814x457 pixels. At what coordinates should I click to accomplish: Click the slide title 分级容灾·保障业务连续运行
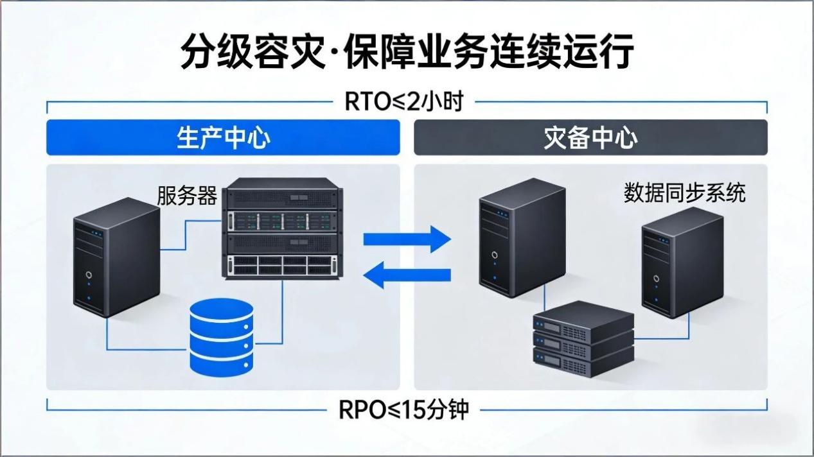coord(407,51)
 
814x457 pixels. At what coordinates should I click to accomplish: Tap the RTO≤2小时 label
coord(404,101)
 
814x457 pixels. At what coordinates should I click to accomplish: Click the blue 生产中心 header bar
coord(223,137)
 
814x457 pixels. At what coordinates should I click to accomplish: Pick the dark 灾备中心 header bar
coord(590,137)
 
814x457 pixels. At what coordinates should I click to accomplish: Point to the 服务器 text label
coord(187,195)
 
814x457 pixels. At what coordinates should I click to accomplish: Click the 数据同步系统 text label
coord(684,192)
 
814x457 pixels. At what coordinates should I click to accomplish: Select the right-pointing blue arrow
coord(407,239)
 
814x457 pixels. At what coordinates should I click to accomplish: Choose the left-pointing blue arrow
coord(407,275)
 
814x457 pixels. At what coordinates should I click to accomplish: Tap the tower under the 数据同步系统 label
coord(682,263)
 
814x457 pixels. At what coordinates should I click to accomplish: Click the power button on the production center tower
coord(89,277)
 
